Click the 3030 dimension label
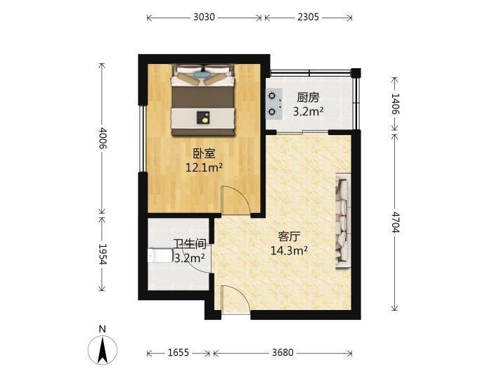pyautogui.click(x=204, y=17)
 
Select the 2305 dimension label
pyautogui.click(x=308, y=17)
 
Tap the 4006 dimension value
pyautogui.click(x=103, y=138)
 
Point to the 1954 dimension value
pyautogui.click(x=103, y=254)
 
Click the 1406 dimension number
pyautogui.click(x=395, y=104)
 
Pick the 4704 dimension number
pyautogui.click(x=395, y=222)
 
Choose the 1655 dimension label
pyautogui.click(x=179, y=353)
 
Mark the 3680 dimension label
pyautogui.click(x=283, y=353)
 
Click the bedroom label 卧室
pyautogui.click(x=204, y=154)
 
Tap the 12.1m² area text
pyautogui.click(x=204, y=167)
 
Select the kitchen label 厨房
pyautogui.click(x=308, y=98)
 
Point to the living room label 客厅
pyautogui.click(x=289, y=237)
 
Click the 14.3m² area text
pyautogui.click(x=289, y=250)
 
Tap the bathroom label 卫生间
pyautogui.click(x=190, y=245)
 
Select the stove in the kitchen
pyautogui.click(x=274, y=104)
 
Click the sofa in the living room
pyautogui.click(x=343, y=221)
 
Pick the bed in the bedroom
pyautogui.click(x=203, y=100)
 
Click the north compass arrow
pyautogui.click(x=102, y=351)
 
